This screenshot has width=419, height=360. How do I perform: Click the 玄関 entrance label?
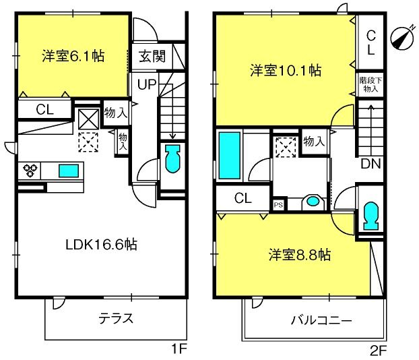[152, 56]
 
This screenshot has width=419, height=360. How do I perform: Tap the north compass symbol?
[402, 38]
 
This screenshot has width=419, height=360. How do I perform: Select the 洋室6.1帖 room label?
[73, 56]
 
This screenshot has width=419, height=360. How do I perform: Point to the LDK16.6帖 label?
[102, 244]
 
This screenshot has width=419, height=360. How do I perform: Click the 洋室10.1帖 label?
[286, 71]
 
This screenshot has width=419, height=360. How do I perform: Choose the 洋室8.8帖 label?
[300, 255]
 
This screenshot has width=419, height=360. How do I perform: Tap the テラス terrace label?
[116, 318]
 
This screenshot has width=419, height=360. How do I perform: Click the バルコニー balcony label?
[321, 320]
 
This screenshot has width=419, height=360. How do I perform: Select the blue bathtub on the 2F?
[229, 156]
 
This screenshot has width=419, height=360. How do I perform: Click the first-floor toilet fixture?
[172, 158]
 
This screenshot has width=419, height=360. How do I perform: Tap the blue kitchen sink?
[69, 171]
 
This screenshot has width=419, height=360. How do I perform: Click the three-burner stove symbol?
[30, 171]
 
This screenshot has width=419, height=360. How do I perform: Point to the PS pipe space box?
[278, 205]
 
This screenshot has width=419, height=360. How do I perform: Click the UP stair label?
[147, 84]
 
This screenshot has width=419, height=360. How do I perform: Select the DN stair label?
[370, 163]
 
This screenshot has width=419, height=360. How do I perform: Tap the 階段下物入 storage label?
[370, 84]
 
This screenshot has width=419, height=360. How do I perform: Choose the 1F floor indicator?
[179, 349]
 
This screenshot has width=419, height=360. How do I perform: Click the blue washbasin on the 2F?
[313, 201]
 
